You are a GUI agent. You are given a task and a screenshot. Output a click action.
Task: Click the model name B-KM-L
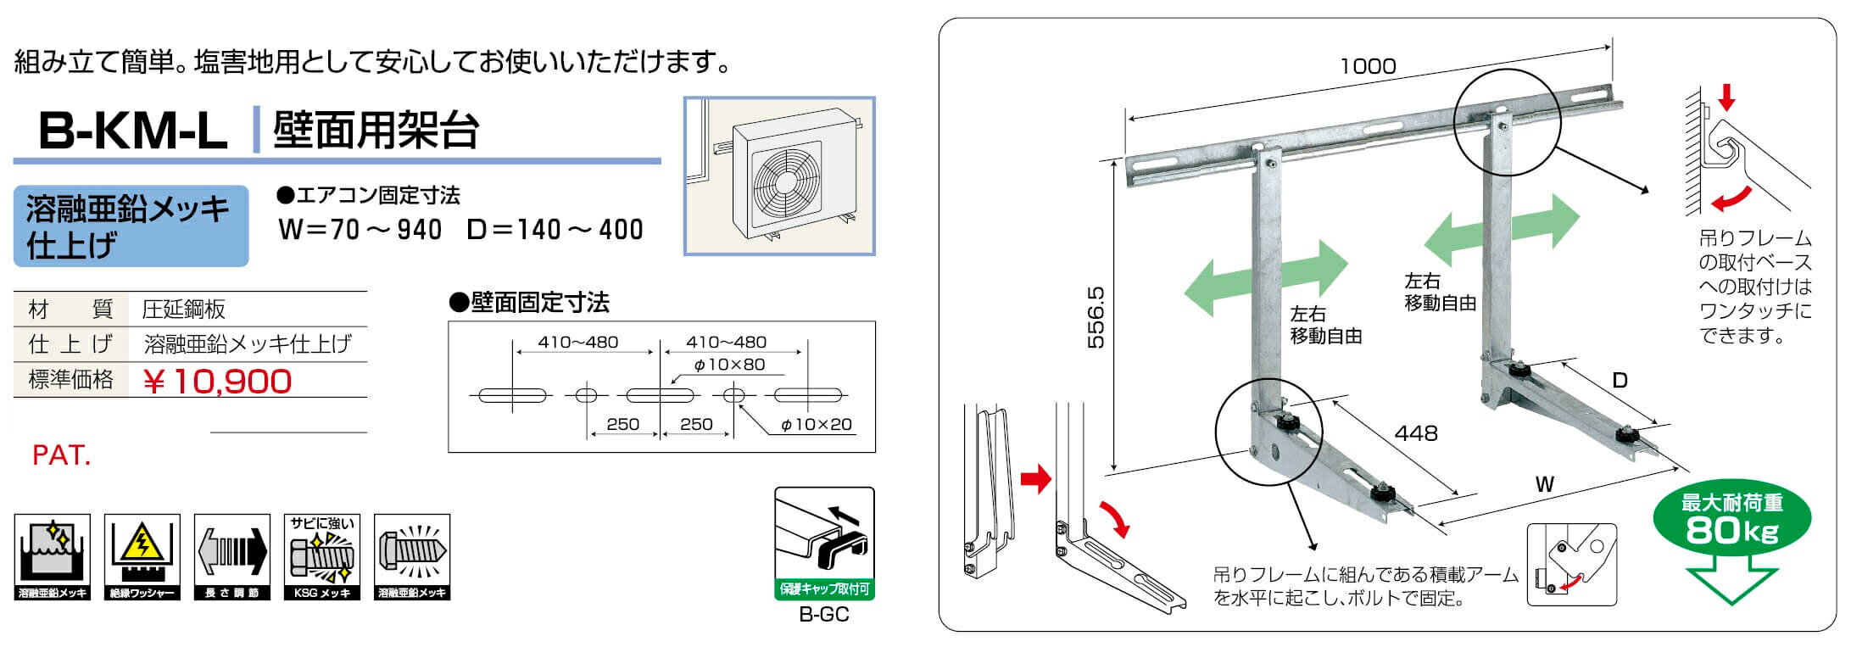pyautogui.click(x=133, y=131)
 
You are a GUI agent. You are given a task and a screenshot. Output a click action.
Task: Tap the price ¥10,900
pyautogui.click(x=218, y=382)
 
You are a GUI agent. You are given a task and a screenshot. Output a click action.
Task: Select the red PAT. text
pyautogui.click(x=61, y=455)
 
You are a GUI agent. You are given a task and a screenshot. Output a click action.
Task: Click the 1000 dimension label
pyautogui.click(x=1368, y=66)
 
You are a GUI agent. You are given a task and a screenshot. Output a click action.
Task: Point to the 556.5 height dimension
pyautogui.click(x=1096, y=317)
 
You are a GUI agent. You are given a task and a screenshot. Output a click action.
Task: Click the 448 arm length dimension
pyautogui.click(x=1416, y=433)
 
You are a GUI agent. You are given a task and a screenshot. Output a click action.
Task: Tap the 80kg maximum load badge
pyautogui.click(x=1731, y=519)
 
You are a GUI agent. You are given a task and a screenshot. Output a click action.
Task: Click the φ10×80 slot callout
pyautogui.click(x=729, y=365)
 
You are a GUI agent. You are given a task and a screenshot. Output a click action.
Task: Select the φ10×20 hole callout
pyautogui.click(x=816, y=424)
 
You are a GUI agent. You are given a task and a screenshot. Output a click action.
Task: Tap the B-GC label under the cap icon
pyautogui.click(x=824, y=614)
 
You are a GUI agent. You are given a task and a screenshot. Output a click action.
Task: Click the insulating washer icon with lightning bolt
pyautogui.click(x=142, y=557)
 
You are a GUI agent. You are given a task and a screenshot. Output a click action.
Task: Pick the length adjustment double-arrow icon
pyautogui.click(x=232, y=557)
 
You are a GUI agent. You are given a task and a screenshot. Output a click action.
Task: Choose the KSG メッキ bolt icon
pyautogui.click(x=322, y=557)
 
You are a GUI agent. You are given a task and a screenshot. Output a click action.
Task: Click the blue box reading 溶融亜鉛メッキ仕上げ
pyautogui.click(x=131, y=226)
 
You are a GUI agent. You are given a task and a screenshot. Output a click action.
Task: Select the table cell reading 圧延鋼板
pyautogui.click(x=184, y=310)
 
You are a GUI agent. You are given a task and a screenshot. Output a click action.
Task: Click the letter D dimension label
pyautogui.click(x=1620, y=380)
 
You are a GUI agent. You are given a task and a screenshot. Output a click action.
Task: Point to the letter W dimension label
pyautogui.click(x=1545, y=484)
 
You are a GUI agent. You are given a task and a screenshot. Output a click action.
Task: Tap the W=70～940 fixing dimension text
pyautogui.click(x=360, y=230)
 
